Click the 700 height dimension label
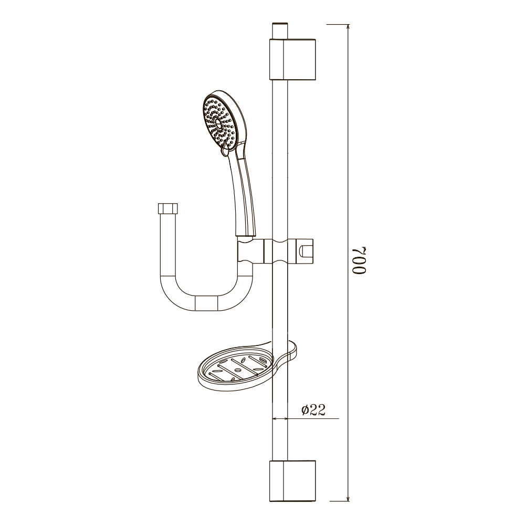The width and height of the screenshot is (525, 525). coord(359,261)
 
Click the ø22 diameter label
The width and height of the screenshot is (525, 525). coord(313,409)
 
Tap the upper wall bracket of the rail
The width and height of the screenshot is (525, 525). coord(292,60)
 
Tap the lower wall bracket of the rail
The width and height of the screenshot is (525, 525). coord(292,481)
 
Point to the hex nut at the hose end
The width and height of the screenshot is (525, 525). coord(167,209)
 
